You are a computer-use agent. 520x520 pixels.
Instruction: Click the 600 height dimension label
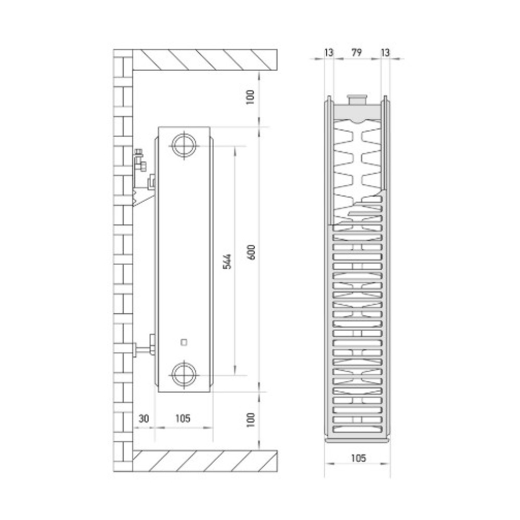252,252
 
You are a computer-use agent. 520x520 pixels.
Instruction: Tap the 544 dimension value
227,262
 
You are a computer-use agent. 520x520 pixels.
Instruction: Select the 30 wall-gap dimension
144,419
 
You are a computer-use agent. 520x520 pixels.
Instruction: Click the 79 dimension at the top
357,53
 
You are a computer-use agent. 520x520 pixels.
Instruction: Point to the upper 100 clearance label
251,97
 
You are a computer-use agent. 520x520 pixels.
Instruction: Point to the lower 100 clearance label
251,420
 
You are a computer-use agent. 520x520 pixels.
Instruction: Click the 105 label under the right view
358,458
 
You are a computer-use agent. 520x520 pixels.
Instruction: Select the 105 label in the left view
183,419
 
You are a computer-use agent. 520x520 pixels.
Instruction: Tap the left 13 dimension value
329,53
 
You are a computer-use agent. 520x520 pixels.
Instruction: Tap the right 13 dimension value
385,53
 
